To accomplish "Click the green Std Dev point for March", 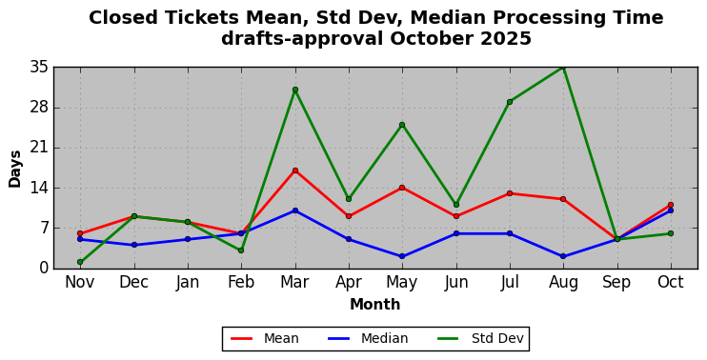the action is [294, 90].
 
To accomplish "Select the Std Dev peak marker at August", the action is [563, 67].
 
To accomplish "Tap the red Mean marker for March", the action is [294, 170].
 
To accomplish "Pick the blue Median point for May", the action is [402, 256].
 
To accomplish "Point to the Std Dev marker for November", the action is [80, 262].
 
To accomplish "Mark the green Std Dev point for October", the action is [671, 233].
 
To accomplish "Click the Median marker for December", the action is [134, 245].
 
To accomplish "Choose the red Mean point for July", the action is [510, 193].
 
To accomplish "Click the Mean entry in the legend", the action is [265, 338].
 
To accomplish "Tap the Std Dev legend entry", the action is [480, 338].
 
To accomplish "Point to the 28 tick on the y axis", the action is [40, 108].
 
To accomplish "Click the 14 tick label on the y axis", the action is [40, 188].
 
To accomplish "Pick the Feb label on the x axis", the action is [241, 282].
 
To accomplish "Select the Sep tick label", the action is [616, 283].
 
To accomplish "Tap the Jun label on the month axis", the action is [455, 283].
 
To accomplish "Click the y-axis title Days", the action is [15, 169].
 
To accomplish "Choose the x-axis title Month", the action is [375, 305].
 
